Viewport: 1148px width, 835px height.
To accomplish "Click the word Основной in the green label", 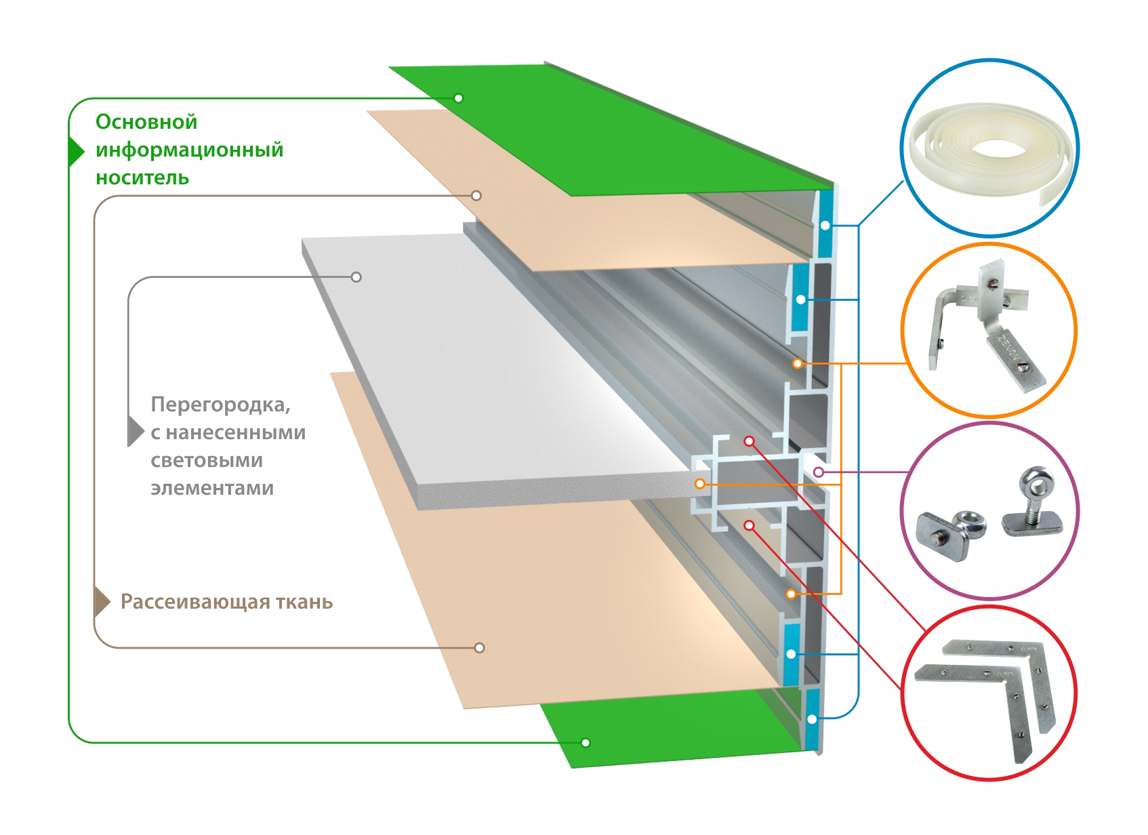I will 146,122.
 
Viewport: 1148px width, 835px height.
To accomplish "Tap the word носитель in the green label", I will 142,178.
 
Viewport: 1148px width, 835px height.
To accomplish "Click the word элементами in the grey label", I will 212,488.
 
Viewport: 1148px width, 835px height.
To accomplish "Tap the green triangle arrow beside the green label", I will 75,150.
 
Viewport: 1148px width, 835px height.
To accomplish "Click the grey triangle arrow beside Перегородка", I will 135,431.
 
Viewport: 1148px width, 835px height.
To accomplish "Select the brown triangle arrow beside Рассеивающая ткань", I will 101,602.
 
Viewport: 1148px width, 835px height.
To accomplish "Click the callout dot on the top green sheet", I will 459,98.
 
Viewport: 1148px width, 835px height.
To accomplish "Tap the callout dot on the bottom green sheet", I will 586,743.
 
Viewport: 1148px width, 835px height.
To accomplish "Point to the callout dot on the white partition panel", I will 356,277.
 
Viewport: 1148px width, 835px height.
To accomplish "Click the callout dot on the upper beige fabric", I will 476,196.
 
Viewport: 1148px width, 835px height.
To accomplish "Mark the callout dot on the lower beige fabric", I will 480,648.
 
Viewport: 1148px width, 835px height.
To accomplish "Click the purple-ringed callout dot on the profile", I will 819,472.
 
